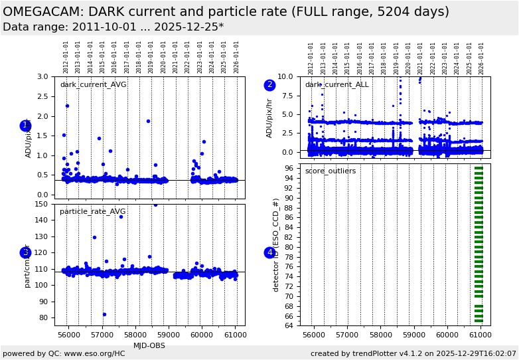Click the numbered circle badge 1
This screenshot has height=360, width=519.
(26, 126)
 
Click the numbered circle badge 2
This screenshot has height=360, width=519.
(269, 85)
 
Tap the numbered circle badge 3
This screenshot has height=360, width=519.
(26, 252)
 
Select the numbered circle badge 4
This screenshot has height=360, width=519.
(269, 252)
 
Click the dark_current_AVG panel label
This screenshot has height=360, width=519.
(93, 85)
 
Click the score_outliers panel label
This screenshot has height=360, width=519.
(330, 171)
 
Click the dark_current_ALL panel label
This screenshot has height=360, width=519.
(336, 85)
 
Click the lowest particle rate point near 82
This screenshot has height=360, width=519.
(104, 314)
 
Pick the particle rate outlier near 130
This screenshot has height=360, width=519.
(94, 237)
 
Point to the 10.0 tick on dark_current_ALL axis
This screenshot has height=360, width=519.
(285, 76)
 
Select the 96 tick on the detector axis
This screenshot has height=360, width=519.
(289, 169)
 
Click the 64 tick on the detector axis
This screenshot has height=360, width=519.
(289, 325)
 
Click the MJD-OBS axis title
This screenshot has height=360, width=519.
(150, 345)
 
